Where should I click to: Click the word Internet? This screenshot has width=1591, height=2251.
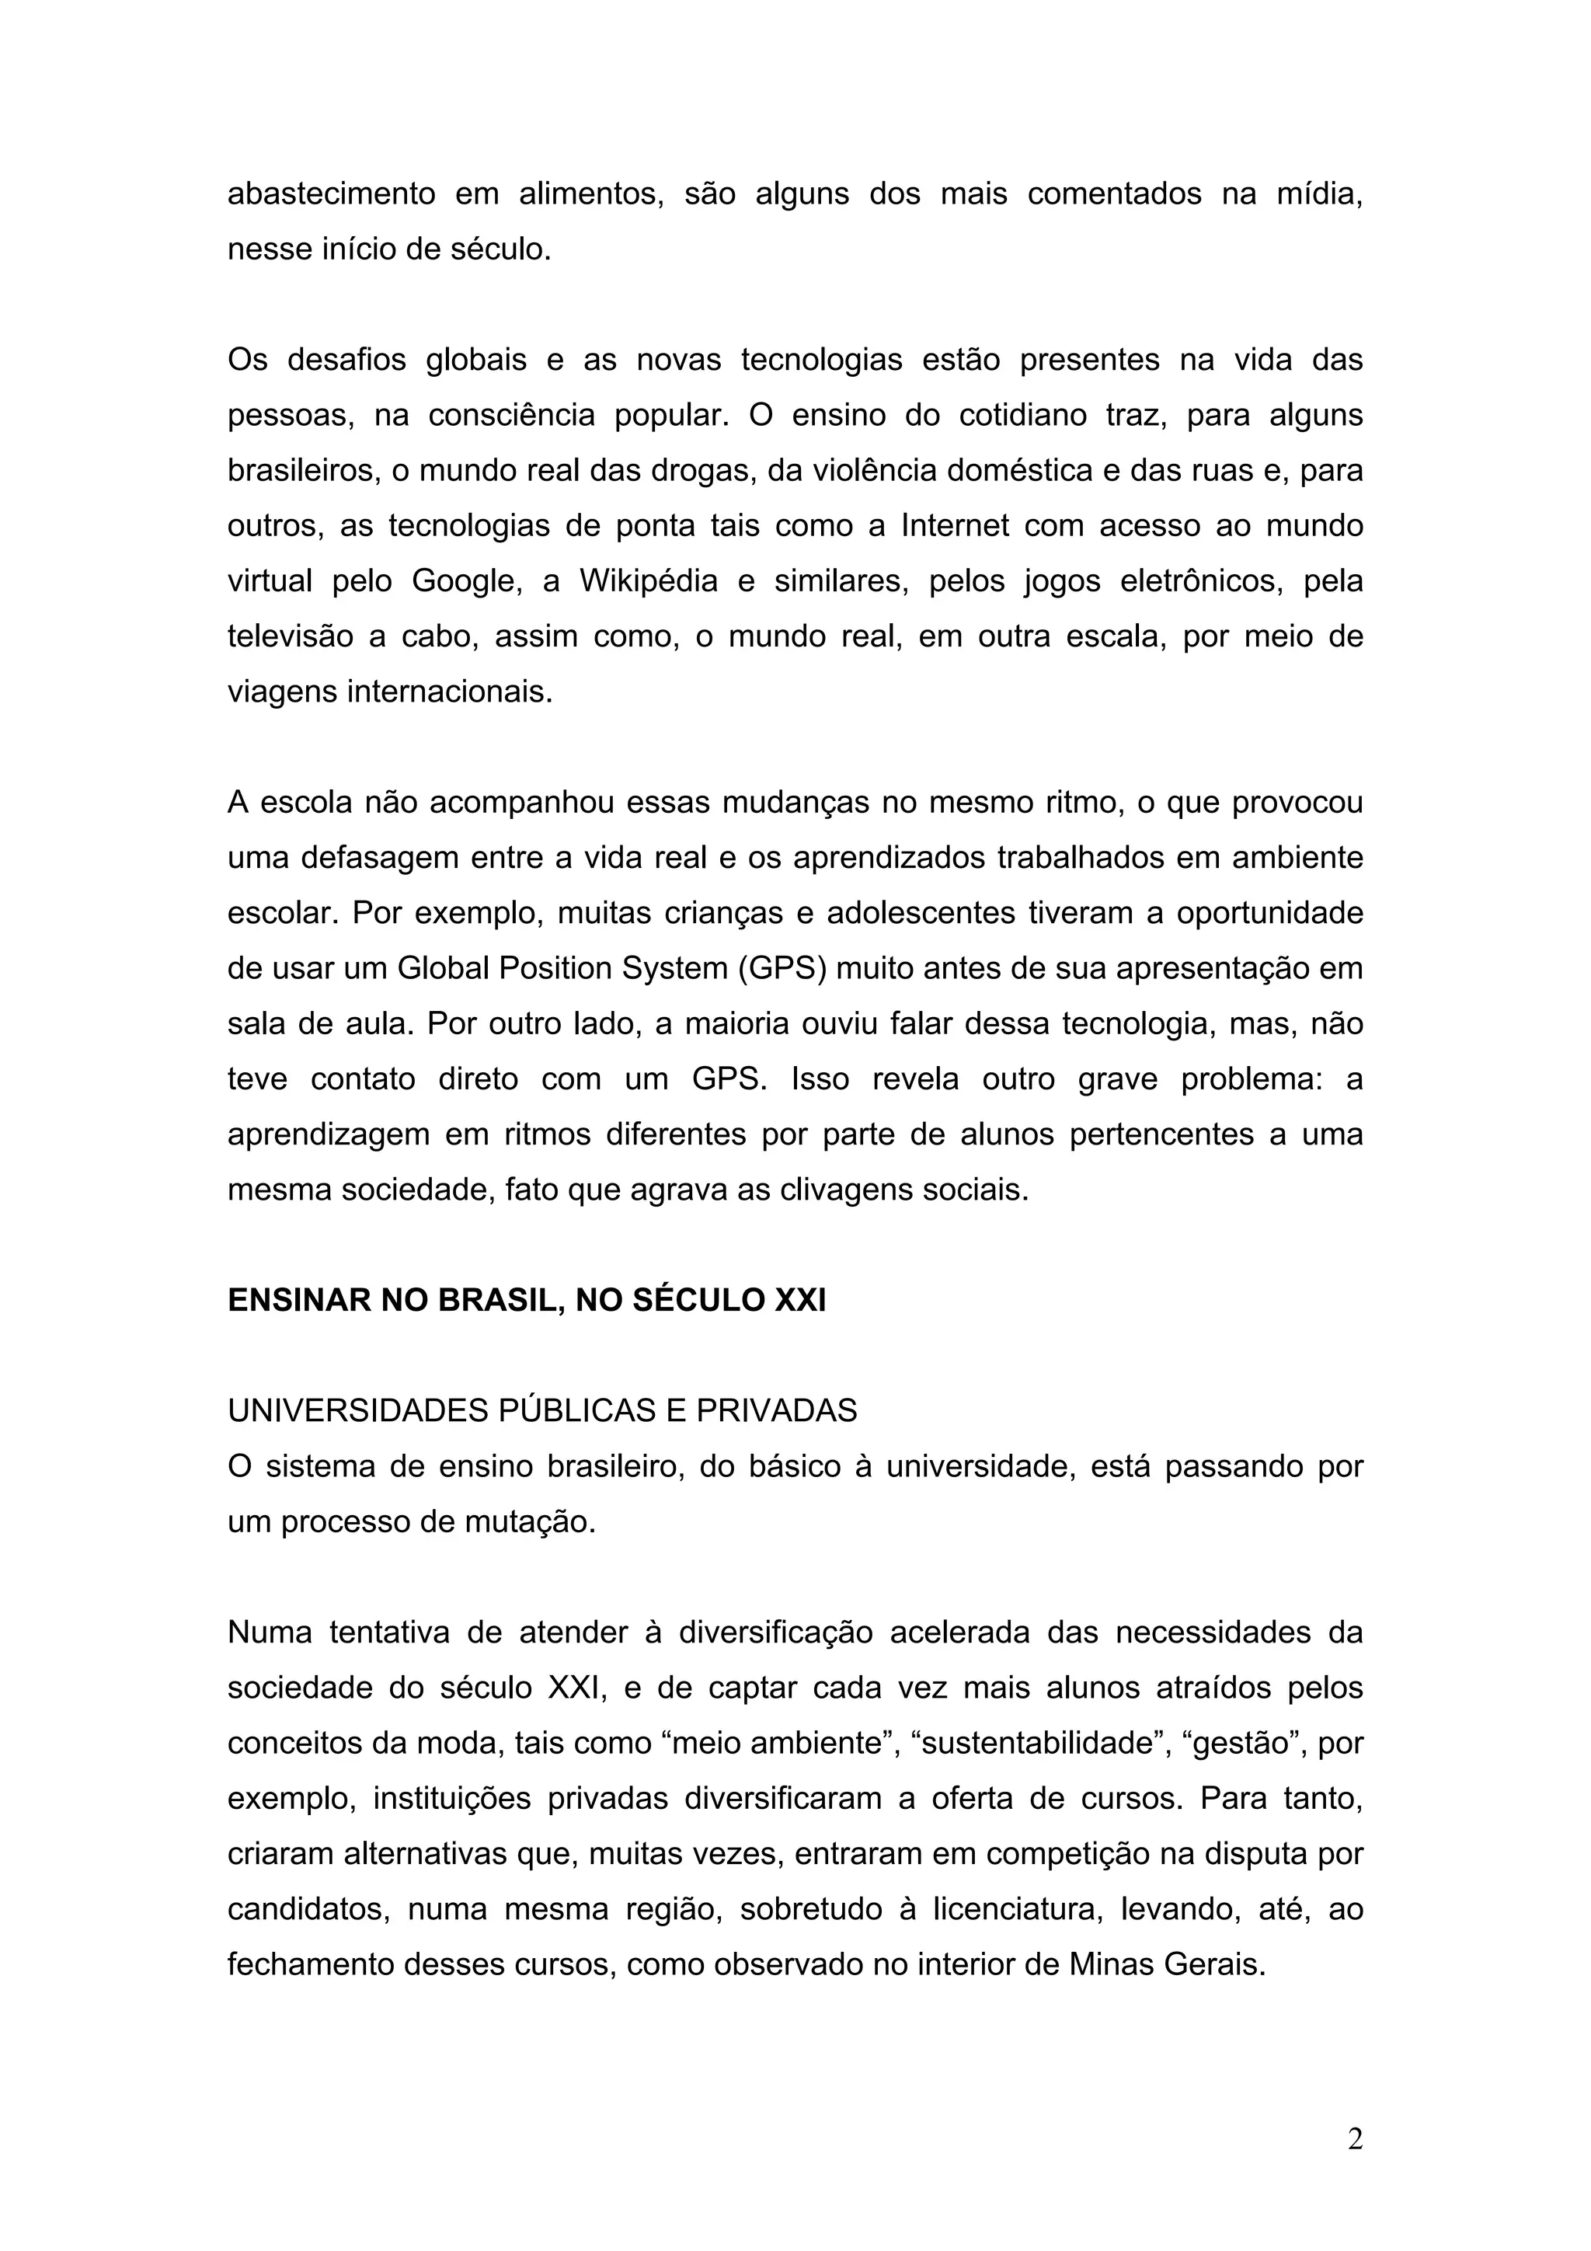click(954, 527)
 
